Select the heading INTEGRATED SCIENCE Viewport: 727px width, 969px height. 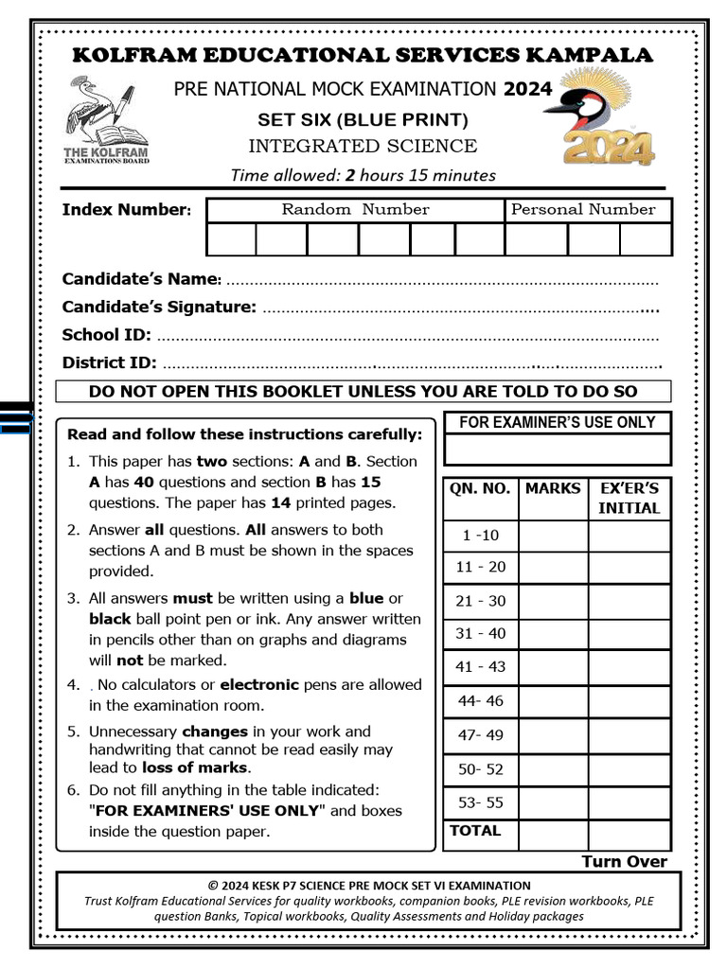363,146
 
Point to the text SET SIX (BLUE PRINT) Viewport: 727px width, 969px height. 363,120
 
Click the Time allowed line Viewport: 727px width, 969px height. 363,174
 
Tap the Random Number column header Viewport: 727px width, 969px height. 355,210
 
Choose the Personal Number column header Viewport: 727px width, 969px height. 583,210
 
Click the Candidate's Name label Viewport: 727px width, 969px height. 141,279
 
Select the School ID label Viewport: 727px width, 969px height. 106,335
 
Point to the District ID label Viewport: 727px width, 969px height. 109,362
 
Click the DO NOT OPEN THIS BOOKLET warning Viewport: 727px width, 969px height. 363,392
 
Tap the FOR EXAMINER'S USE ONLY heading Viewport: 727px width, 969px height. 557,423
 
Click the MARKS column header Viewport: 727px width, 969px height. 553,488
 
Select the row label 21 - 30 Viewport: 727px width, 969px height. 480,601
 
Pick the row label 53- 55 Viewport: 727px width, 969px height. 480,802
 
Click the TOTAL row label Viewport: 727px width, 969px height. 475,831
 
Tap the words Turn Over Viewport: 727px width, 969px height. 624,861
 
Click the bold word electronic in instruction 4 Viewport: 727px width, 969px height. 259,684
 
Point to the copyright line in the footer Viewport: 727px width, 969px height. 363,886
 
